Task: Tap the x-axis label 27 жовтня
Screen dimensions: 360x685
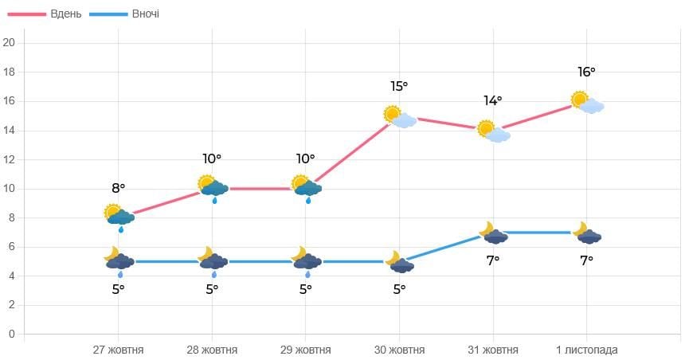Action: point(119,350)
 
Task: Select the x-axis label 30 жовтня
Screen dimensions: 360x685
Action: point(400,350)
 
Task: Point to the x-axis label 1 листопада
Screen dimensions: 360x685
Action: point(586,350)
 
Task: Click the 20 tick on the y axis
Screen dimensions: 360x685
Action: point(10,43)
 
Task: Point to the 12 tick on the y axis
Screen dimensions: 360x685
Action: point(10,159)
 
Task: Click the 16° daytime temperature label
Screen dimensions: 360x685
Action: point(586,72)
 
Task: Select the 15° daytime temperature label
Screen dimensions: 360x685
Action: point(399,86)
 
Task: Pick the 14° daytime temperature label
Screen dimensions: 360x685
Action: point(493,100)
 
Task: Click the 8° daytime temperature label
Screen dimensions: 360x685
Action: point(118,188)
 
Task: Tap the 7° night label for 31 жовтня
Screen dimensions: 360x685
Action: point(493,260)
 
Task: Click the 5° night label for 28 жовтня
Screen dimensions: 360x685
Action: point(212,289)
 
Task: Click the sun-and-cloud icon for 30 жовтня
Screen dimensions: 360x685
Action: point(400,117)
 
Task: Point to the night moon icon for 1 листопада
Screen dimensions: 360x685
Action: point(588,233)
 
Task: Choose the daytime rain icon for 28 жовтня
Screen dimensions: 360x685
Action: point(213,188)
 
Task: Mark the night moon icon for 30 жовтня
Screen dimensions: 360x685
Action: point(400,262)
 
